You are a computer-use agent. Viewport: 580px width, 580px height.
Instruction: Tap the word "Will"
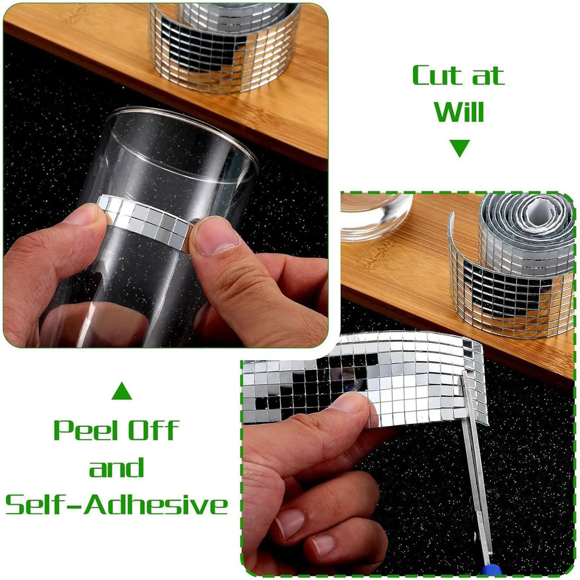tap(459, 112)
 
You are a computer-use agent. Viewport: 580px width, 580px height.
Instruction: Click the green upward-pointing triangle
tap(122, 391)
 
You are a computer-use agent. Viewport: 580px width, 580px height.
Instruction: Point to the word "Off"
tap(153, 430)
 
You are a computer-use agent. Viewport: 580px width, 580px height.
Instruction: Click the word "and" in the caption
tap(117, 467)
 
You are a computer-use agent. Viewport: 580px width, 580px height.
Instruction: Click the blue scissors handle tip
tap(491, 570)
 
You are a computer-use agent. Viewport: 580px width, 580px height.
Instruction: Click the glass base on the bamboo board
tap(376, 216)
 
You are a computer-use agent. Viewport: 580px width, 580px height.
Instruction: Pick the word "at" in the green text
tap(488, 76)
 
